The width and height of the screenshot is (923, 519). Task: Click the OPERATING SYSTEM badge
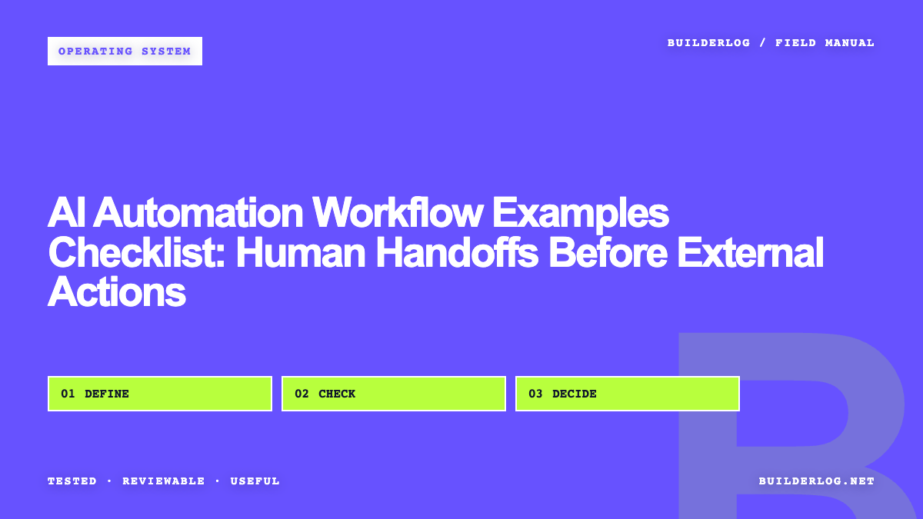pyautogui.click(x=125, y=51)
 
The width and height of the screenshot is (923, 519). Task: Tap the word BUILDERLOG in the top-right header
pyautogui.click(x=708, y=43)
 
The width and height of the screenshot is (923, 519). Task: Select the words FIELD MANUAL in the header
pyautogui.click(x=825, y=43)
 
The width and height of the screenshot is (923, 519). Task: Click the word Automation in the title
pyautogui.click(x=198, y=212)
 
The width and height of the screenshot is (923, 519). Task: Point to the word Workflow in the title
pyautogui.click(x=398, y=212)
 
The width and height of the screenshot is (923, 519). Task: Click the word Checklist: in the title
pyautogui.click(x=137, y=252)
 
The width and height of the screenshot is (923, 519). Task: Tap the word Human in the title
pyautogui.click(x=301, y=252)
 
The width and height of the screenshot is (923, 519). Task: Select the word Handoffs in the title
pyautogui.click(x=457, y=252)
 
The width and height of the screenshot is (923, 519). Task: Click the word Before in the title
pyautogui.click(x=608, y=252)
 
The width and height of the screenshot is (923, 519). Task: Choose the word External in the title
pyautogui.click(x=751, y=252)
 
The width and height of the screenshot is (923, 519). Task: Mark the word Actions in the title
pyautogui.click(x=117, y=292)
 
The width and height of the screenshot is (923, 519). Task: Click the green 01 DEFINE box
pyautogui.click(x=160, y=394)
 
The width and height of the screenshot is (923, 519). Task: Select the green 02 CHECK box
pyautogui.click(x=394, y=394)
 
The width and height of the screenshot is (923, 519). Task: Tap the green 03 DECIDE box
pyautogui.click(x=628, y=394)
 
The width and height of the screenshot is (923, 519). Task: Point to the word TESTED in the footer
pyautogui.click(x=72, y=481)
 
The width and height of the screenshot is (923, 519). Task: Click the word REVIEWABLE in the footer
pyautogui.click(x=164, y=481)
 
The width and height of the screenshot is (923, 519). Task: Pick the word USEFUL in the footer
pyautogui.click(x=255, y=481)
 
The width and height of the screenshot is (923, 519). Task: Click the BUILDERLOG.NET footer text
pyautogui.click(x=817, y=481)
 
